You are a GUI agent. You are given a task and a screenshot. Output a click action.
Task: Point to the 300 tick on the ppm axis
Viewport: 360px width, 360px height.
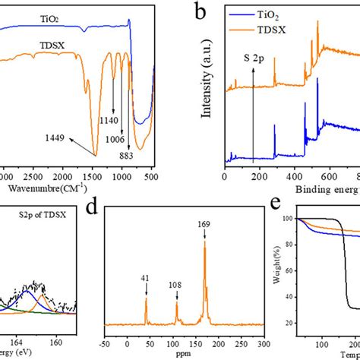[261, 345]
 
